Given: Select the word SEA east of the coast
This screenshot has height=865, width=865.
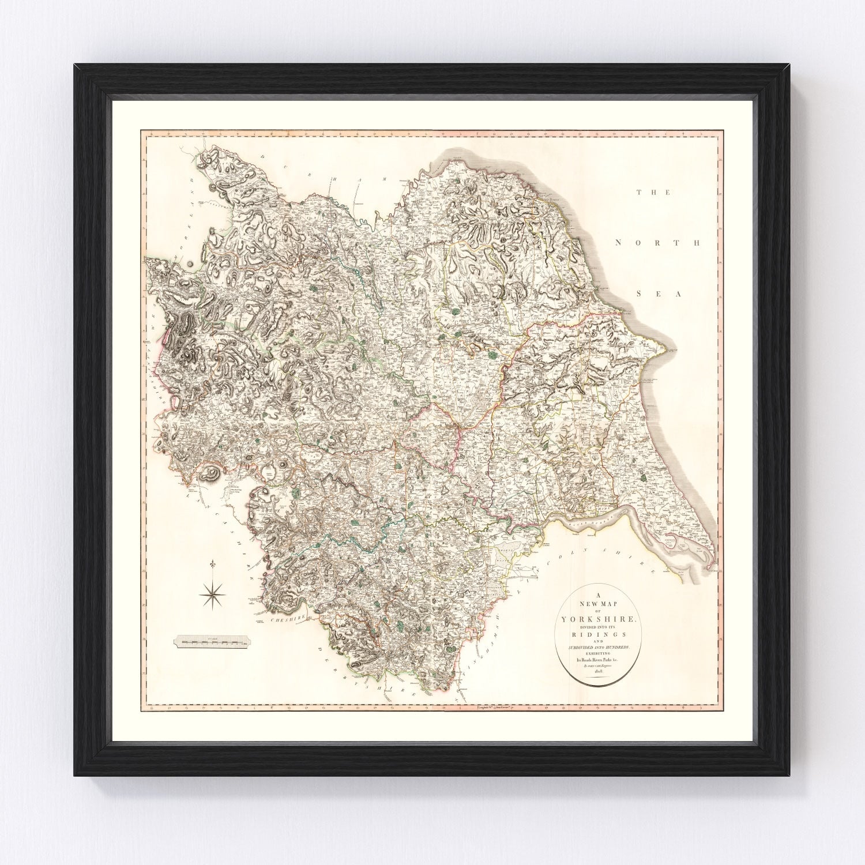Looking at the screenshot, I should click(658, 294).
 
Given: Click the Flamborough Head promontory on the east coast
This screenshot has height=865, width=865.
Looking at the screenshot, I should click(667, 348).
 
